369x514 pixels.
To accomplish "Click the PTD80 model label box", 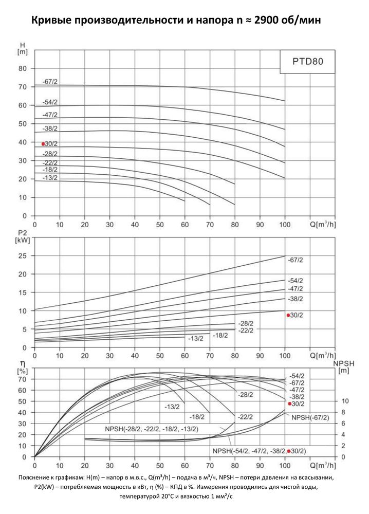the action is tap(307, 62).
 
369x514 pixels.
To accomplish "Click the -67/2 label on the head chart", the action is tap(50, 82).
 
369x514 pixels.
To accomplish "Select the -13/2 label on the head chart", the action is tap(50, 178).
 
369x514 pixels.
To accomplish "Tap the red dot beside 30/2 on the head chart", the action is tap(43, 144).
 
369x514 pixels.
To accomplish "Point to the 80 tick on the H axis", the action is tap(22, 68).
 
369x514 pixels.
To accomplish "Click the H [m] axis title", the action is tap(22, 48).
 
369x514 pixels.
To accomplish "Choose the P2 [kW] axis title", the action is tap(23, 236).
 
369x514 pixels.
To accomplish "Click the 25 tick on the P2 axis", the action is tap(22, 255).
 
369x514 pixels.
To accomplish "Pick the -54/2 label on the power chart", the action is tap(296, 281).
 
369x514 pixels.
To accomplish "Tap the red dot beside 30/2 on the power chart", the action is tap(288, 315).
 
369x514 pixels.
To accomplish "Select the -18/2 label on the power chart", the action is tap(220, 335).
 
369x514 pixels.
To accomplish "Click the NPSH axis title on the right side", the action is tap(344, 367).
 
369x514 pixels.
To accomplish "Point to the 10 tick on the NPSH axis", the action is tap(345, 401).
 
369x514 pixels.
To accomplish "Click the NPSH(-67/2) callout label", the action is tap(310, 417).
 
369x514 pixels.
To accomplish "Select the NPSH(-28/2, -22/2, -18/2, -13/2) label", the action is tap(152, 429).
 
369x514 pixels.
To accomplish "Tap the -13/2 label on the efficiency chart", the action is tap(172, 407).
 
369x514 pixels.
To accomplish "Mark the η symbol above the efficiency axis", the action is tap(23, 363).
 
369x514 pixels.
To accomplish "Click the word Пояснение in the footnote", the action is tap(31, 478).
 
